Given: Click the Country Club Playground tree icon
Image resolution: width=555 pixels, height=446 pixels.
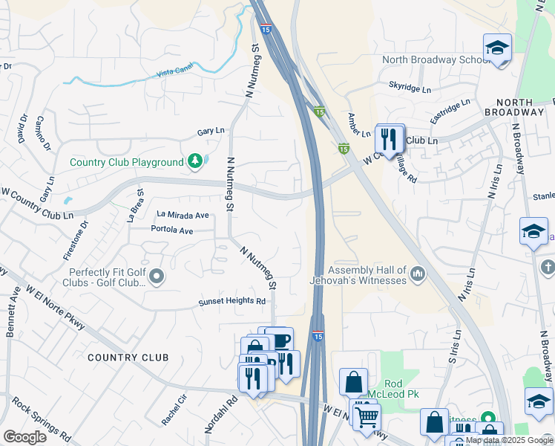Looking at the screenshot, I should [x=194, y=161].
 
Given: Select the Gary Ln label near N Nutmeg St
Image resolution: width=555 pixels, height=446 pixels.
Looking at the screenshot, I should [x=211, y=132].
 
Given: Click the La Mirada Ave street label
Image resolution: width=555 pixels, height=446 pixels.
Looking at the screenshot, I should [x=183, y=215].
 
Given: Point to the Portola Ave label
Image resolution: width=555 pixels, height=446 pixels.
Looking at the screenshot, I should [x=171, y=230].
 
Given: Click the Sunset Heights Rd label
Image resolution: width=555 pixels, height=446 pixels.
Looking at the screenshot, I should [x=231, y=301].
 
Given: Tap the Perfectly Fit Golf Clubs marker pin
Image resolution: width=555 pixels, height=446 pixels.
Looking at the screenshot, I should [x=156, y=277].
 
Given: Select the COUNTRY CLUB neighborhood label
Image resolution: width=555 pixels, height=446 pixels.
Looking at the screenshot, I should [x=128, y=358].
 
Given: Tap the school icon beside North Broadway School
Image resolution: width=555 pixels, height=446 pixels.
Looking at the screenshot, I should [x=497, y=49].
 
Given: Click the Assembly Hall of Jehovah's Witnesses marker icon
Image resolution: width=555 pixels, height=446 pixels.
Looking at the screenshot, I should [x=418, y=275].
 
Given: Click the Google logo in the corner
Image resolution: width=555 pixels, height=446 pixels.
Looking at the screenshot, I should [x=25, y=436].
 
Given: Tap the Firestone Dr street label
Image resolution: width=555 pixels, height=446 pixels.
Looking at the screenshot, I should [x=74, y=240].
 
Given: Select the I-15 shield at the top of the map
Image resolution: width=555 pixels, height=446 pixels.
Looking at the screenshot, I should [x=266, y=28].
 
